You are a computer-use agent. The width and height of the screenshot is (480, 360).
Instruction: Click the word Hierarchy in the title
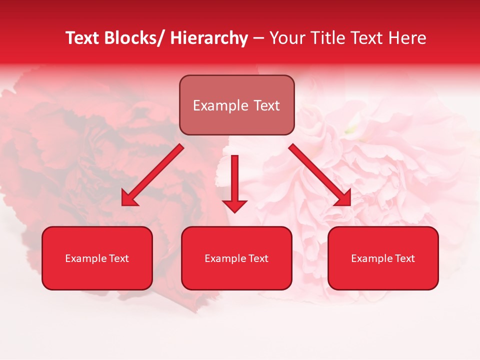[x=209, y=38]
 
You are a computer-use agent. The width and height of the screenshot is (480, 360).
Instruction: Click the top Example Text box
[x=236, y=105]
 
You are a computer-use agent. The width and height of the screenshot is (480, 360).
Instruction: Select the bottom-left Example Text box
[x=97, y=258]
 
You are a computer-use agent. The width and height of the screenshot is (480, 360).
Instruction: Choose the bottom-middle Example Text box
[x=236, y=258]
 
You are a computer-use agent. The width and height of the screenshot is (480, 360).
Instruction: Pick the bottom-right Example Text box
[x=383, y=258]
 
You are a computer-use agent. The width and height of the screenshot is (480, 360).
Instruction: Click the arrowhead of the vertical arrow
[x=235, y=205]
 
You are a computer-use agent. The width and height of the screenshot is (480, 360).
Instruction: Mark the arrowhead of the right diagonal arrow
[x=343, y=198]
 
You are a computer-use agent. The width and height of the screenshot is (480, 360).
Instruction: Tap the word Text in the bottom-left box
[x=119, y=258]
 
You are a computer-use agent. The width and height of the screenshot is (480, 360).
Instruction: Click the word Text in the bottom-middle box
[x=258, y=258]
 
